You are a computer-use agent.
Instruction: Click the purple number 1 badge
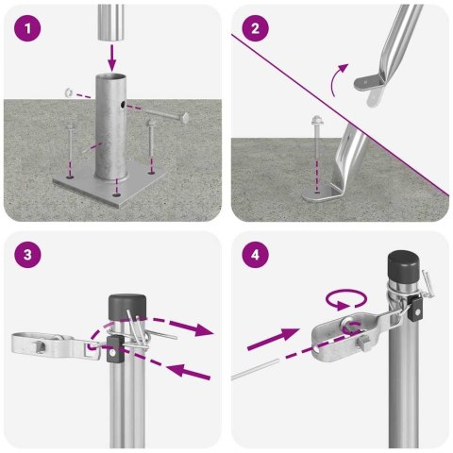[x=33, y=30]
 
